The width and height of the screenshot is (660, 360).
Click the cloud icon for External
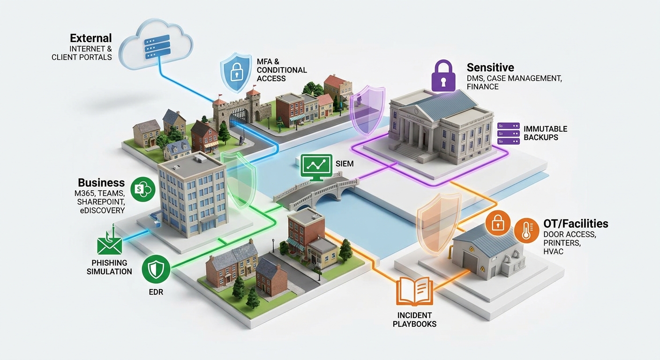click(x=156, y=45)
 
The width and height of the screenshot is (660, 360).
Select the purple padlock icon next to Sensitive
click(x=443, y=75)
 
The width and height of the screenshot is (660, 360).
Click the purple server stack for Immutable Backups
click(x=509, y=134)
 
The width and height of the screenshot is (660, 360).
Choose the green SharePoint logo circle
click(x=143, y=189)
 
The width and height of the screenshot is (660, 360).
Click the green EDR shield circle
click(x=156, y=269)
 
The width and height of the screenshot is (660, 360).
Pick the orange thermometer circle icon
click(x=526, y=231)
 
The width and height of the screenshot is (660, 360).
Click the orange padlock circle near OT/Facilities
click(x=498, y=223)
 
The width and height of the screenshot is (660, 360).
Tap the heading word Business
click(x=101, y=183)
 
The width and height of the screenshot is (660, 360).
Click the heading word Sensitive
click(x=490, y=67)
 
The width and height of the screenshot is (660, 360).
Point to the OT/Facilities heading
click(x=576, y=224)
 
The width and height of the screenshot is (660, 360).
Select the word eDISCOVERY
click(x=102, y=210)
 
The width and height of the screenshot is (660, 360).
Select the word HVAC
click(x=553, y=251)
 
